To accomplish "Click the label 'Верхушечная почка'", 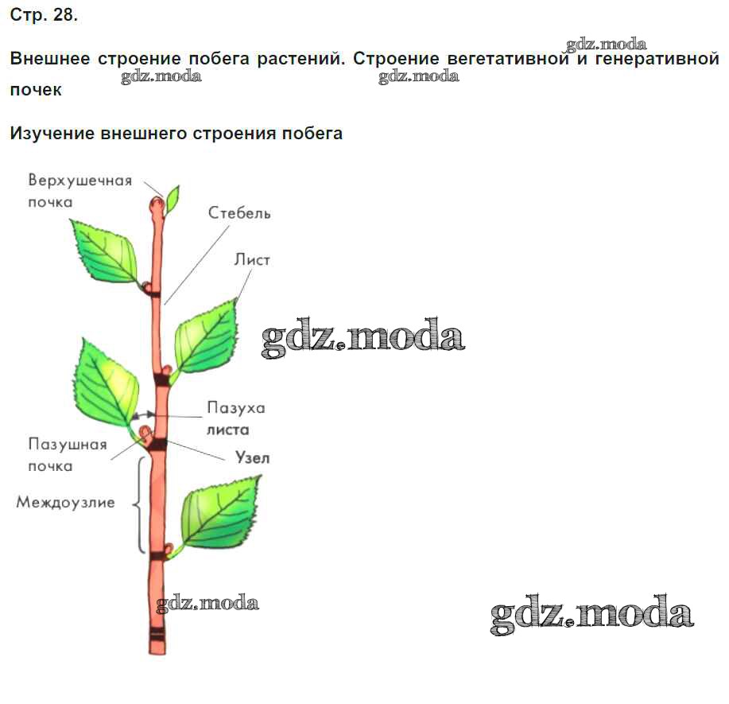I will (x=79, y=190).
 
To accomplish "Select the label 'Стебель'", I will (x=239, y=213).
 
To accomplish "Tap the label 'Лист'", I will (x=253, y=260).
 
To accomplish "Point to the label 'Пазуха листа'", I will (x=236, y=418).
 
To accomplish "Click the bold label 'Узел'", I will (x=253, y=457).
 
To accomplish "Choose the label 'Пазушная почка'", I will (x=67, y=455).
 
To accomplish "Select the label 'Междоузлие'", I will (x=65, y=503).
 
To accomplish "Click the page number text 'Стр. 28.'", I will (x=44, y=16).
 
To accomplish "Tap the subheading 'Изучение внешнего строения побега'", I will (x=176, y=133).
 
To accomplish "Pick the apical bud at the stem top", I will (x=157, y=206).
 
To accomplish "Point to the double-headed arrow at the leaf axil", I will (x=143, y=415).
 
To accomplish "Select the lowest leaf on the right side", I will (x=219, y=509).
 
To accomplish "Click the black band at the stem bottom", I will (x=157, y=636).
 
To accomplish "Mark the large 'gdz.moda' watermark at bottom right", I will (x=591, y=615).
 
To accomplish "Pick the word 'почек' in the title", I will (x=36, y=90).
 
